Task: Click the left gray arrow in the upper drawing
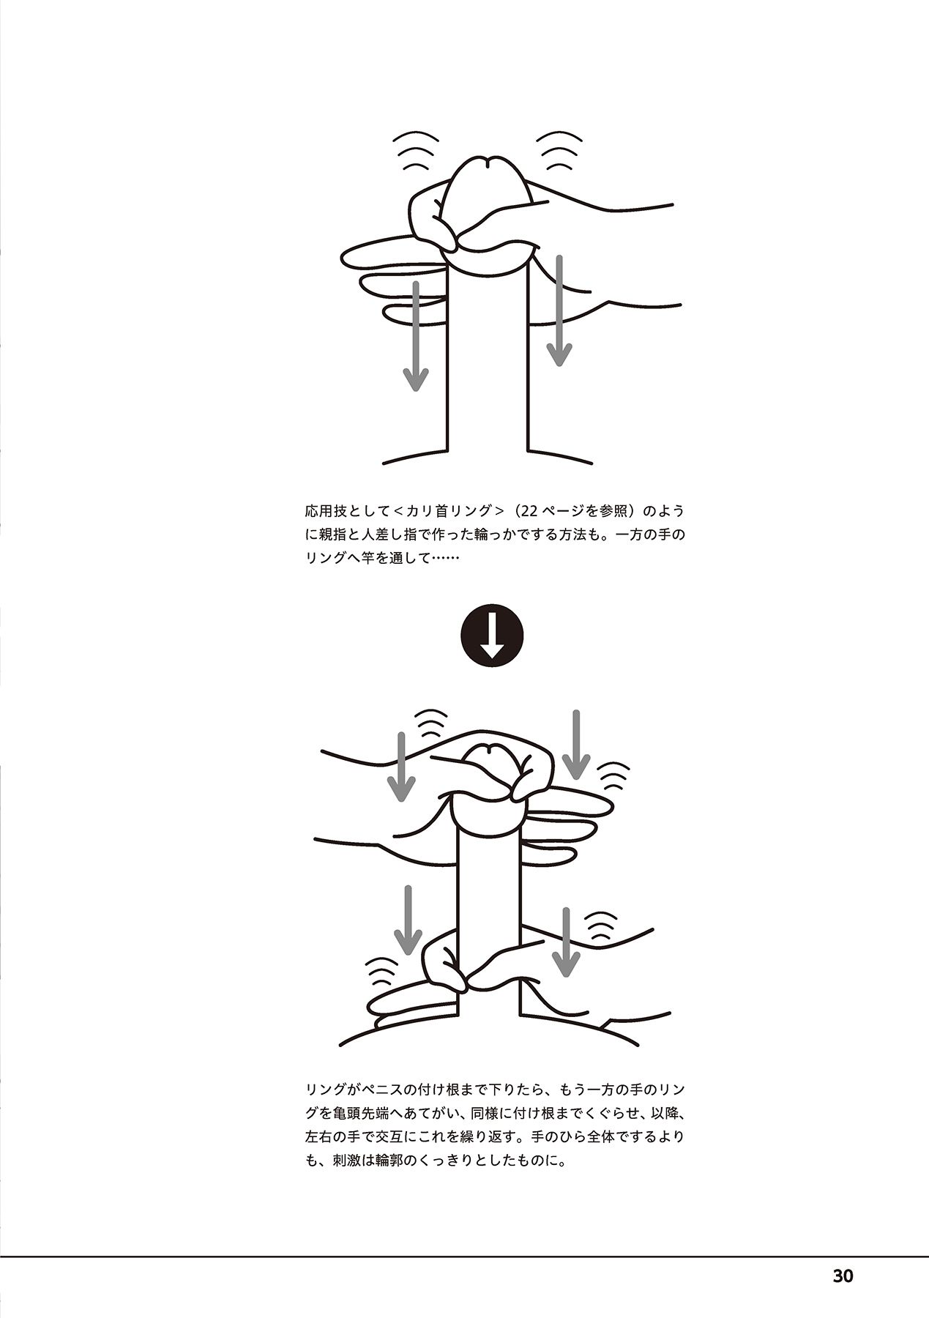pos(416,335)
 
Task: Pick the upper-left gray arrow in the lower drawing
pos(400,766)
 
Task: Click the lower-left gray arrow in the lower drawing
pos(408,920)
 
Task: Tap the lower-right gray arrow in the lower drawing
pos(564,942)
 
